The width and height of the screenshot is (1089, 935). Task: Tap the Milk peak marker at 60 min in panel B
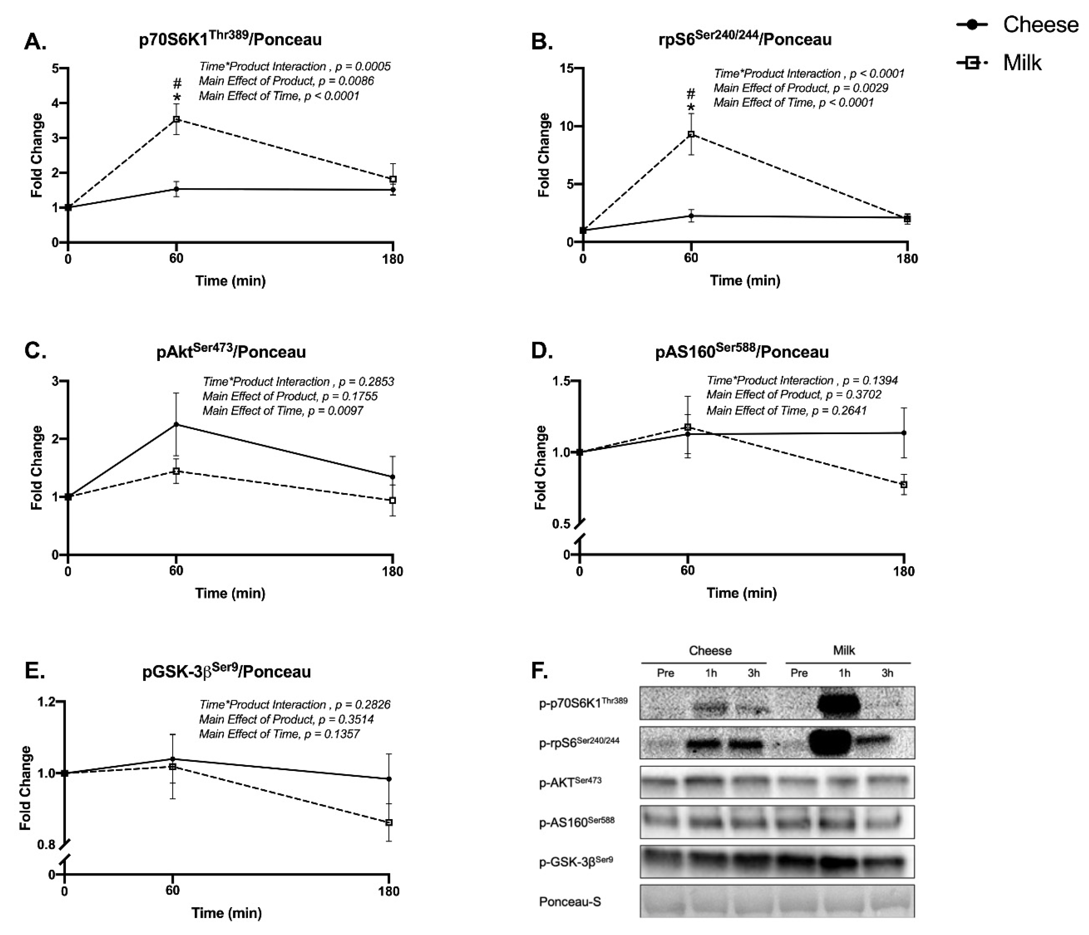(691, 134)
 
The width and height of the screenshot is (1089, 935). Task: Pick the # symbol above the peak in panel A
(177, 84)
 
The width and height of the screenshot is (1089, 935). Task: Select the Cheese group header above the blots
(710, 651)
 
